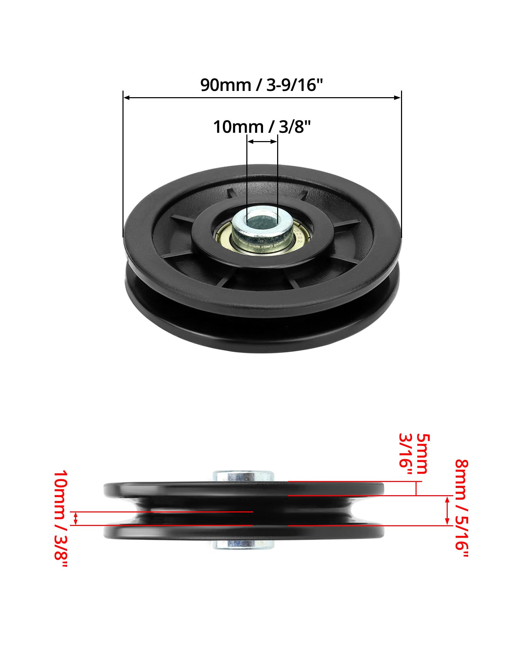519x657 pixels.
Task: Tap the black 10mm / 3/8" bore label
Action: [262, 127]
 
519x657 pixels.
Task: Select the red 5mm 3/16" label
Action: [414, 454]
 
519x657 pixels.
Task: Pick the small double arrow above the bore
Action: [262, 141]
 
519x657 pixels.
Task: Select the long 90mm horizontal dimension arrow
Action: [262, 98]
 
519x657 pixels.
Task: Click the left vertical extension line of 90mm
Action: [123, 164]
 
